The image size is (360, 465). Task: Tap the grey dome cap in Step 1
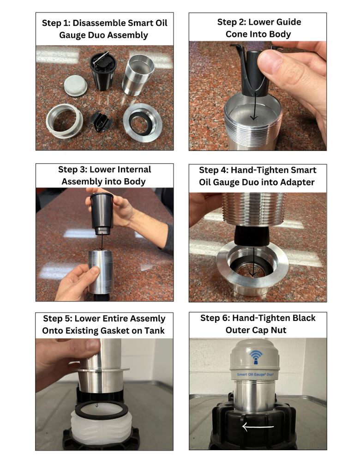[76, 85]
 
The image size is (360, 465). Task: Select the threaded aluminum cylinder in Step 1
[138, 75]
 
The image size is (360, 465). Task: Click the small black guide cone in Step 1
[102, 121]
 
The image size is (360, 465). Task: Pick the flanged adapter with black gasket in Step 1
[143, 122]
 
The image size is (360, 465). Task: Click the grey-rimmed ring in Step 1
[64, 120]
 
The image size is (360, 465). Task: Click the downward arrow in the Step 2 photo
[254, 106]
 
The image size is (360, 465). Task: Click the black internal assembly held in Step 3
[102, 213]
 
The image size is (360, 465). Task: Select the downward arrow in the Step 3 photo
[101, 242]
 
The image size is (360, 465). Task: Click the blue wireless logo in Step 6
[256, 357]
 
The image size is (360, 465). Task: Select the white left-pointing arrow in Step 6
[258, 427]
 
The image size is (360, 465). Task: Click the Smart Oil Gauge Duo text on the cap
[255, 374]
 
